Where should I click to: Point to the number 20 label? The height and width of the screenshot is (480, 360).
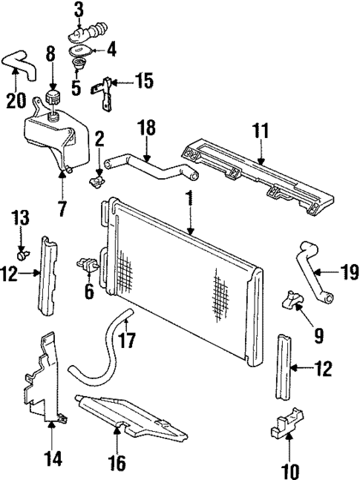(15, 99)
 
